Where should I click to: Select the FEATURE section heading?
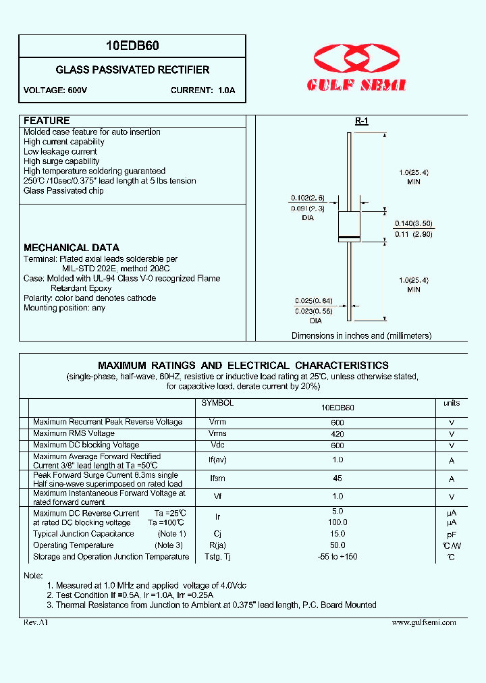47,121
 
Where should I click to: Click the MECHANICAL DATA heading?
72,248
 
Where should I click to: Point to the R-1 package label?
361,121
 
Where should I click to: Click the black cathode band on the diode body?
349,238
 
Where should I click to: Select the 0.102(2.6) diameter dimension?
308,198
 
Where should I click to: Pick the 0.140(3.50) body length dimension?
413,223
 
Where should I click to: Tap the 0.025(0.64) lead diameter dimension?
314,301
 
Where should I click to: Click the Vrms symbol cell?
218,434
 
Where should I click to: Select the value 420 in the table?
337,435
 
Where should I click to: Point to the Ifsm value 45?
337,479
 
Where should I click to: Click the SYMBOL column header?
218,403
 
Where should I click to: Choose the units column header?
452,403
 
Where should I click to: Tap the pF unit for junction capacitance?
452,534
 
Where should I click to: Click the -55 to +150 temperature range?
337,557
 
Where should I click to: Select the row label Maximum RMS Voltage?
74,433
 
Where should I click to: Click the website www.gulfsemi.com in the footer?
424,622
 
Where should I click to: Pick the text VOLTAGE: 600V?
55,90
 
